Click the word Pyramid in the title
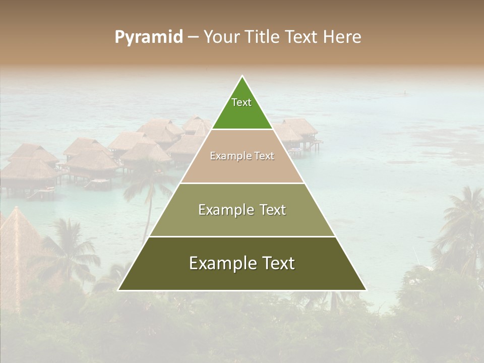tap(149, 37)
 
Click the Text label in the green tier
tap(241, 102)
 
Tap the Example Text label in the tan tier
tap(242, 156)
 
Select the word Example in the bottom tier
tap(219, 263)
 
